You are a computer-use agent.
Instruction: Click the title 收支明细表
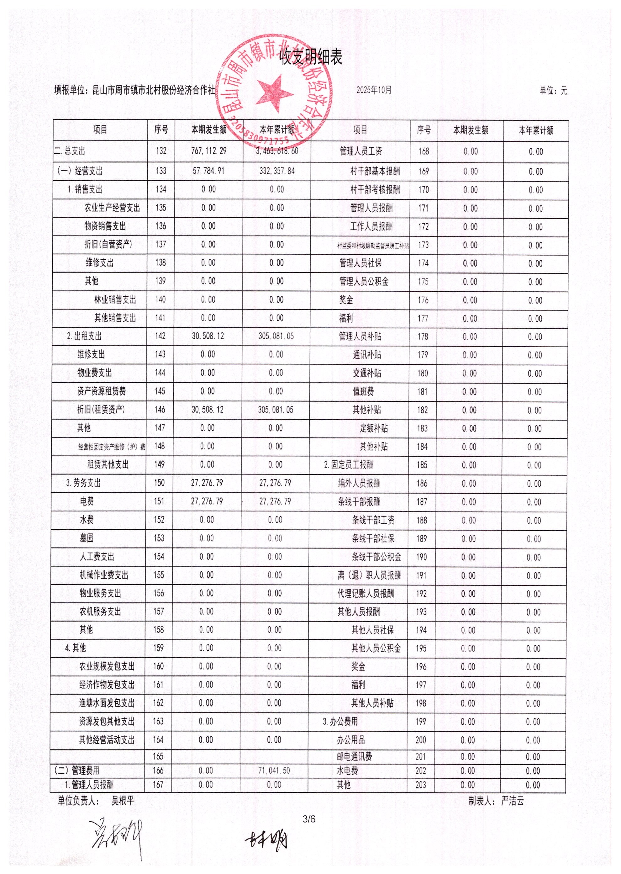(x=310, y=57)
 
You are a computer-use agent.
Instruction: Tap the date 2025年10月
(x=374, y=90)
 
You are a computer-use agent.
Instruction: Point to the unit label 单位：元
(x=553, y=91)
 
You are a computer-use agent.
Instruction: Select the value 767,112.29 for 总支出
(x=209, y=151)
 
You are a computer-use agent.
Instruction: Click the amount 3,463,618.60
(x=277, y=151)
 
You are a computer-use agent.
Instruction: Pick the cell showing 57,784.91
(x=208, y=171)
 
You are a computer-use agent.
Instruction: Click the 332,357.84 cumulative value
(x=277, y=171)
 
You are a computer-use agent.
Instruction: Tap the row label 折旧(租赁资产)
(x=101, y=410)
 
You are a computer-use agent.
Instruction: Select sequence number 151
(x=159, y=501)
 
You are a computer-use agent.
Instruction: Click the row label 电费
(x=87, y=501)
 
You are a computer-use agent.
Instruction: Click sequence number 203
(x=421, y=785)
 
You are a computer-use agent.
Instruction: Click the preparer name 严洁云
(x=513, y=801)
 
